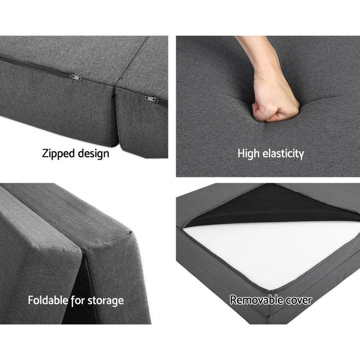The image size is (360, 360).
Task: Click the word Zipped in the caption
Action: (59, 154)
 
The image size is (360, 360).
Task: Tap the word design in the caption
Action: (94, 154)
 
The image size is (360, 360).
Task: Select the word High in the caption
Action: (249, 154)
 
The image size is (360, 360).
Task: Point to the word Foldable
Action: (48, 300)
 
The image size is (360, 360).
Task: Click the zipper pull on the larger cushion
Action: (75, 77)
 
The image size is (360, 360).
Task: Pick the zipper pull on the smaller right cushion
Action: (152, 99)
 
